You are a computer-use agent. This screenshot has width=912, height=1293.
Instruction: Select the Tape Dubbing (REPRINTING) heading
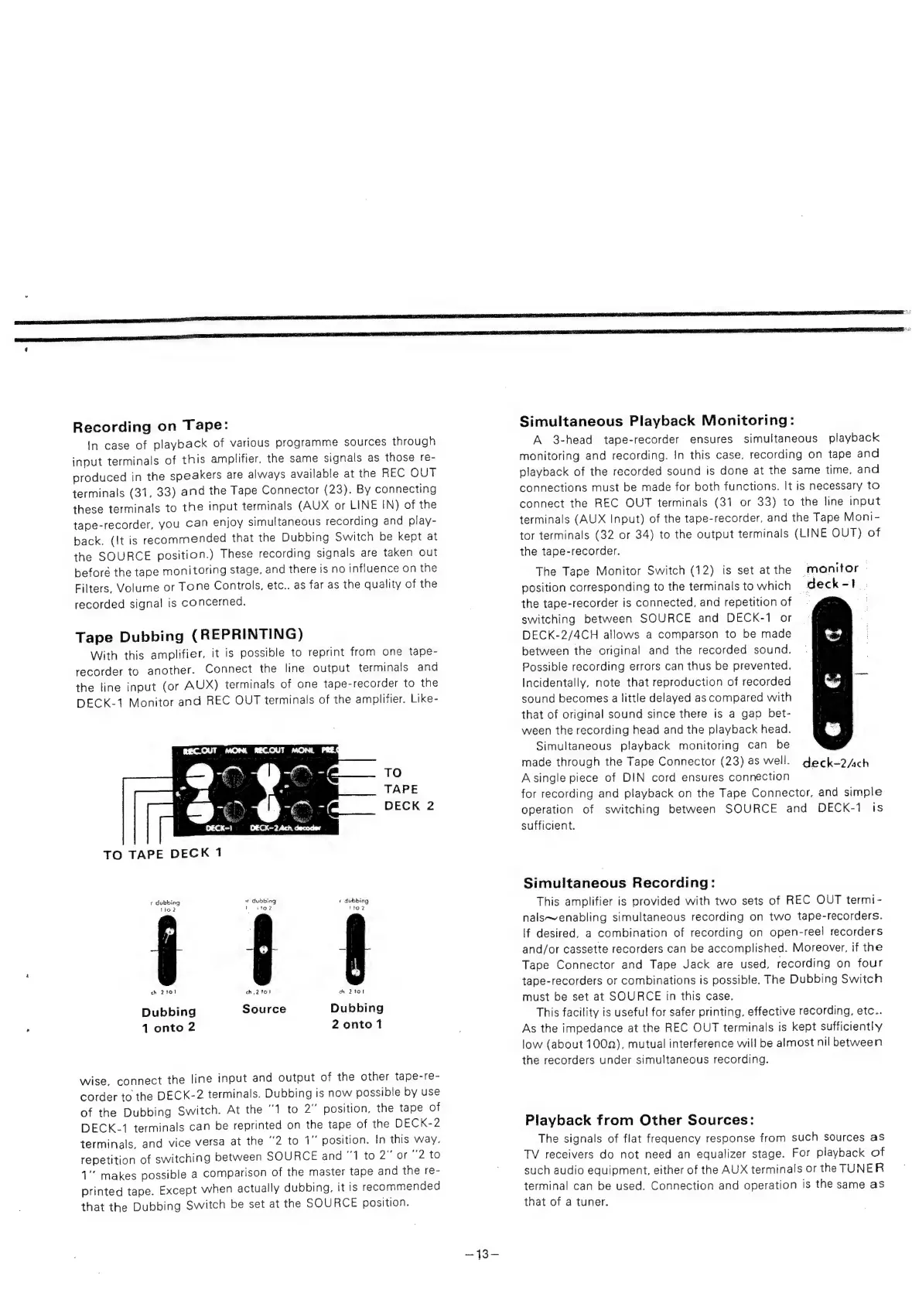coord(188,636)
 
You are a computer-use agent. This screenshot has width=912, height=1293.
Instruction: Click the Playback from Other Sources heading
coord(639,1120)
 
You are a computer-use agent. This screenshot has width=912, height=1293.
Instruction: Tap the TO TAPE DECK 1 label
coord(163,854)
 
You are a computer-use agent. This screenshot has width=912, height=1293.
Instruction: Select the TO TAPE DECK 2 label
coord(408,789)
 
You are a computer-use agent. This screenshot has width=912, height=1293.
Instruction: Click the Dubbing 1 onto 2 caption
coord(169,1019)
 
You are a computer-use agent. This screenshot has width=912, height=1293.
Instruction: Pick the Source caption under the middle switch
coord(264,1009)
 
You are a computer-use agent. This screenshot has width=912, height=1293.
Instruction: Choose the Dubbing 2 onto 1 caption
coord(357,1016)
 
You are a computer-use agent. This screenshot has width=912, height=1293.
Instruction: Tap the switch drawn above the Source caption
coord(264,950)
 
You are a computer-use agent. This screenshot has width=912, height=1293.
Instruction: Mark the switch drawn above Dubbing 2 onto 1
coord(356,950)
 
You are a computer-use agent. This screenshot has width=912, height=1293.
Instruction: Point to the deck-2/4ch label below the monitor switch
coord(835,763)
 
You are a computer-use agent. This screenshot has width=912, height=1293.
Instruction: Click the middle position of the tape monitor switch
coord(832,681)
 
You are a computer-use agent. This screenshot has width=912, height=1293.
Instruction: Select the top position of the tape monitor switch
coord(832,635)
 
